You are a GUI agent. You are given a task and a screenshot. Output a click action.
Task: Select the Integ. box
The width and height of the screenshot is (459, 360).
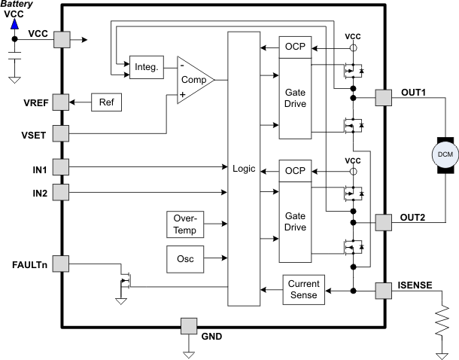145,67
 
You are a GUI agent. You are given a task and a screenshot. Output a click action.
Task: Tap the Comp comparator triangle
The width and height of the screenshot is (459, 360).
193,78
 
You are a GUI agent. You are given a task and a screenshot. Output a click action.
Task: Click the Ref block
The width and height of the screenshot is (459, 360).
105,102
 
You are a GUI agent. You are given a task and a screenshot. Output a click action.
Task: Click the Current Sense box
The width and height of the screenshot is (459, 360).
304,290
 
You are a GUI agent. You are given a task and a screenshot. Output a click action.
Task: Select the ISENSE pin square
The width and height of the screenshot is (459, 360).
383,290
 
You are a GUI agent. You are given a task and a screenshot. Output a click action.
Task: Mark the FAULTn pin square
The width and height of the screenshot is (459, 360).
61,264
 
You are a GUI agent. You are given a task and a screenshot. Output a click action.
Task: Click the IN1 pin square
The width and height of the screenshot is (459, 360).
61,166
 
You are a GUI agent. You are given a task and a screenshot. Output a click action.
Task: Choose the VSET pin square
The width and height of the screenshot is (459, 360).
61,133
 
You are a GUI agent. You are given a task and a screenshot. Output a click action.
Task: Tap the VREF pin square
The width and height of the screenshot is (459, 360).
61,102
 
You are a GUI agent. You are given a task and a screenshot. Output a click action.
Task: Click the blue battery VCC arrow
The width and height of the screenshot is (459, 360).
14,25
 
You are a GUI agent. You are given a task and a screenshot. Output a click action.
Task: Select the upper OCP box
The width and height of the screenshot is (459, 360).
293,47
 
